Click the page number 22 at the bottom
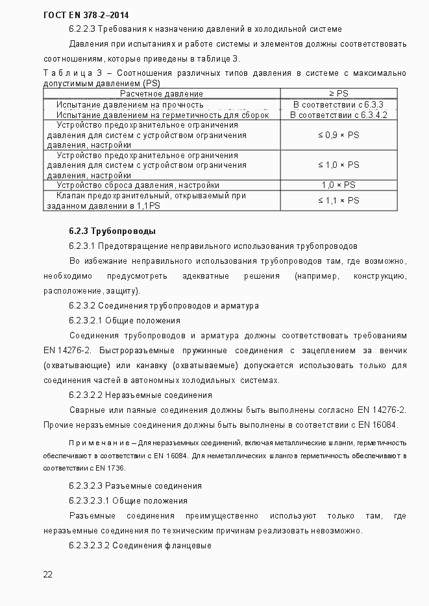coord(47,574)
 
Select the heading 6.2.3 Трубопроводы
coord(112,231)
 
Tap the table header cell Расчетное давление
coord(161,94)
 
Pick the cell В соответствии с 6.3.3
coord(338,104)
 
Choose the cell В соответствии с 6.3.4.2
coord(338,115)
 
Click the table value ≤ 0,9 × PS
coord(338,135)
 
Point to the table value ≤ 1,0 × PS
coord(338,165)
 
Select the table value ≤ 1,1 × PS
coord(338,200)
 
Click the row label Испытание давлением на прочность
coord(130,104)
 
